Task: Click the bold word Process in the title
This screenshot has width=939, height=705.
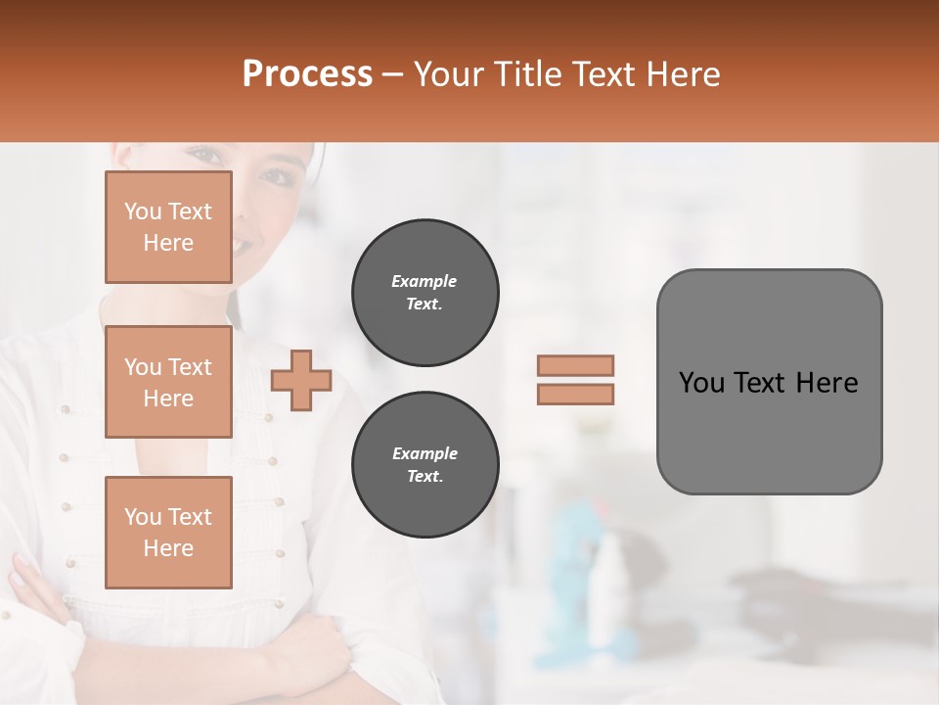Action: click(x=307, y=74)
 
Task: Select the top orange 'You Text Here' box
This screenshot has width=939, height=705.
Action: click(x=168, y=227)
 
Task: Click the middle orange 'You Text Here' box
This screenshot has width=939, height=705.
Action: click(x=168, y=382)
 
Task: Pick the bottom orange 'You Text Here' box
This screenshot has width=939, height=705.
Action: click(x=168, y=533)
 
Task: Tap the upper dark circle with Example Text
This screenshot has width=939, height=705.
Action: click(x=425, y=292)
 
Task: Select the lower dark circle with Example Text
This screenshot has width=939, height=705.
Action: click(x=425, y=464)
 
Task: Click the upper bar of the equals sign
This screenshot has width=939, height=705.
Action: click(x=576, y=365)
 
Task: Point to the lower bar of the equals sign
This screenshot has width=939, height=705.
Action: click(x=576, y=394)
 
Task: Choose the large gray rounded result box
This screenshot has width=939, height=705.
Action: click(x=769, y=431)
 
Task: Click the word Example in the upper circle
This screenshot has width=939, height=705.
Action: click(x=425, y=281)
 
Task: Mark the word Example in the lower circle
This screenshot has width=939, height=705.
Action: click(x=425, y=453)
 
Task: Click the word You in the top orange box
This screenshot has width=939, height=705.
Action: click(x=142, y=211)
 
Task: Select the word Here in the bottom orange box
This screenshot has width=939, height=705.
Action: click(x=168, y=548)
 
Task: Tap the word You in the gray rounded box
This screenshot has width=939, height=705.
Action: click(x=701, y=383)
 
